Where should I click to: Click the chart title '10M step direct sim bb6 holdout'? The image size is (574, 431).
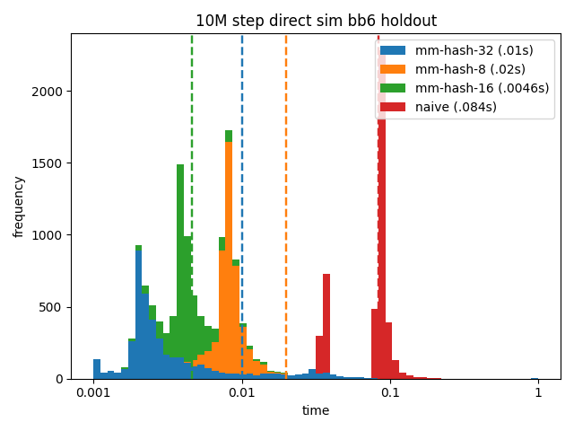316,22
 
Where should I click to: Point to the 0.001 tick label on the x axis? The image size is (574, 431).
93,393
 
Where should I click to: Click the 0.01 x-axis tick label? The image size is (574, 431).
241,393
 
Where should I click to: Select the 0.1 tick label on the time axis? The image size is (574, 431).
390,393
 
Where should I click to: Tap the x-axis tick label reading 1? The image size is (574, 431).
538,393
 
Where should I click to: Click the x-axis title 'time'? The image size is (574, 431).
316,410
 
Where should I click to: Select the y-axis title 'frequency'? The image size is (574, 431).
19,207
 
